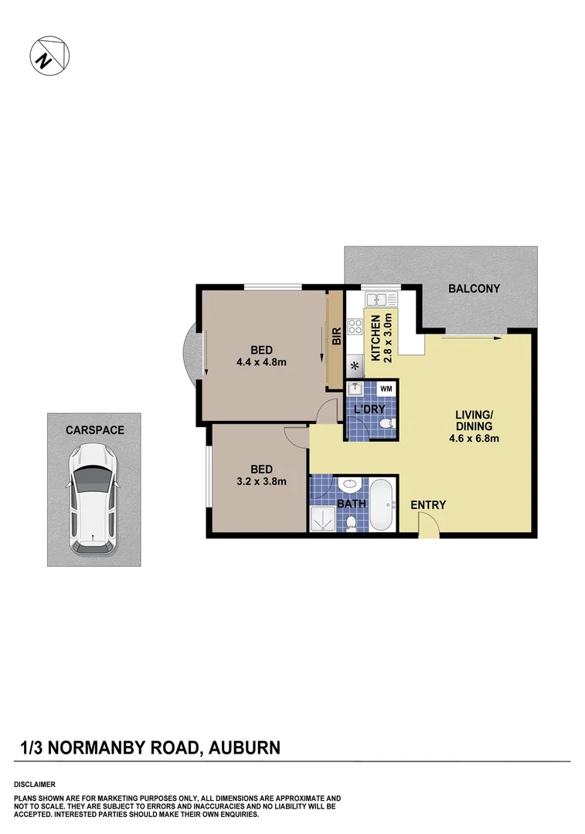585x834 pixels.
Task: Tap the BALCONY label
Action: click(474, 289)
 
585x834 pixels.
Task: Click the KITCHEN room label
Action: click(376, 338)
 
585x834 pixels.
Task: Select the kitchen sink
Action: click(380, 299)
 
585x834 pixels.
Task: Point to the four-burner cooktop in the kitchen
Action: click(355, 327)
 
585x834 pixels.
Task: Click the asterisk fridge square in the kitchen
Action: click(355, 365)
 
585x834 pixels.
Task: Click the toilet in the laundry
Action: click(388, 424)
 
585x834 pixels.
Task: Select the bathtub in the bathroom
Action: click(382, 507)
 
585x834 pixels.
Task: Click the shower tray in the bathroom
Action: click(321, 520)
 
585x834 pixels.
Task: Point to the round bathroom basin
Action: click(350, 486)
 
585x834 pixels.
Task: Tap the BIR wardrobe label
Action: click(336, 337)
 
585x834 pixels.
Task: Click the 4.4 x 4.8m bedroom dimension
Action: click(261, 361)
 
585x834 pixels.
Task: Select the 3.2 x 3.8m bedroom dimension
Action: click(261, 481)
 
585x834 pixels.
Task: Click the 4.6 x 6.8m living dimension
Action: click(474, 439)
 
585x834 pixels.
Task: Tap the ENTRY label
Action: click(428, 505)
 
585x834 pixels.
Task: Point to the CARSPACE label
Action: click(94, 430)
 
